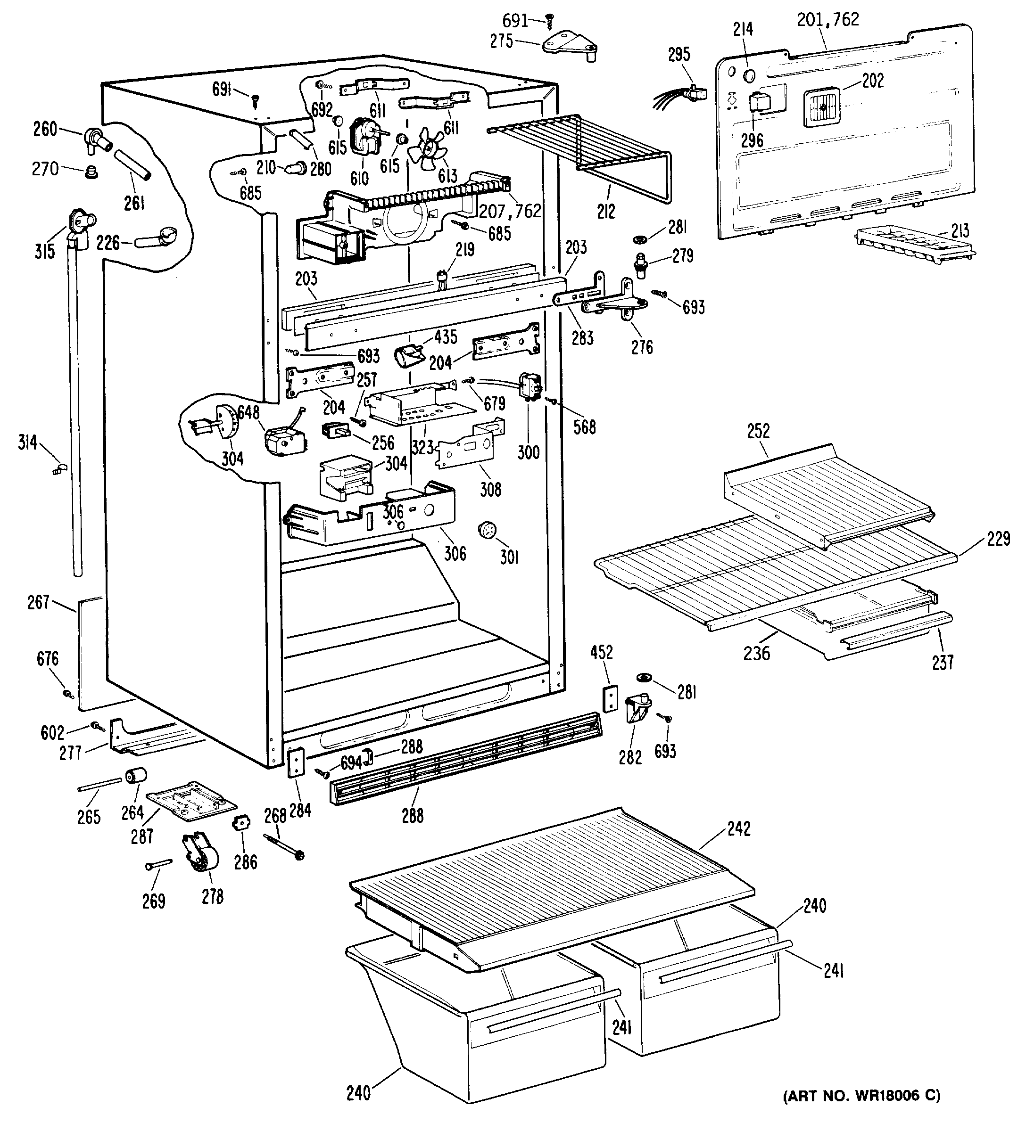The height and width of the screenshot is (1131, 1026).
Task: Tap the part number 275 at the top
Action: (x=501, y=41)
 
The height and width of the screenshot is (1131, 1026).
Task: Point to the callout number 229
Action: (x=999, y=539)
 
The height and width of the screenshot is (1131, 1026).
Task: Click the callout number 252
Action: (x=758, y=431)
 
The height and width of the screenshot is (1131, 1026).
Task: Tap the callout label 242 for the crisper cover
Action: (x=739, y=828)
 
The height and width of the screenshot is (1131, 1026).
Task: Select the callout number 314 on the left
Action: (x=27, y=443)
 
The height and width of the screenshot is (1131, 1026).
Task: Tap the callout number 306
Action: (x=455, y=553)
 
